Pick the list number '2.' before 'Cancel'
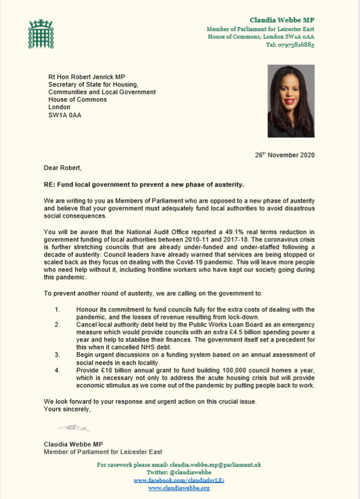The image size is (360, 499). (x=57, y=325)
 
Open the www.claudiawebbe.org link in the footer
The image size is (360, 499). (x=179, y=488)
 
